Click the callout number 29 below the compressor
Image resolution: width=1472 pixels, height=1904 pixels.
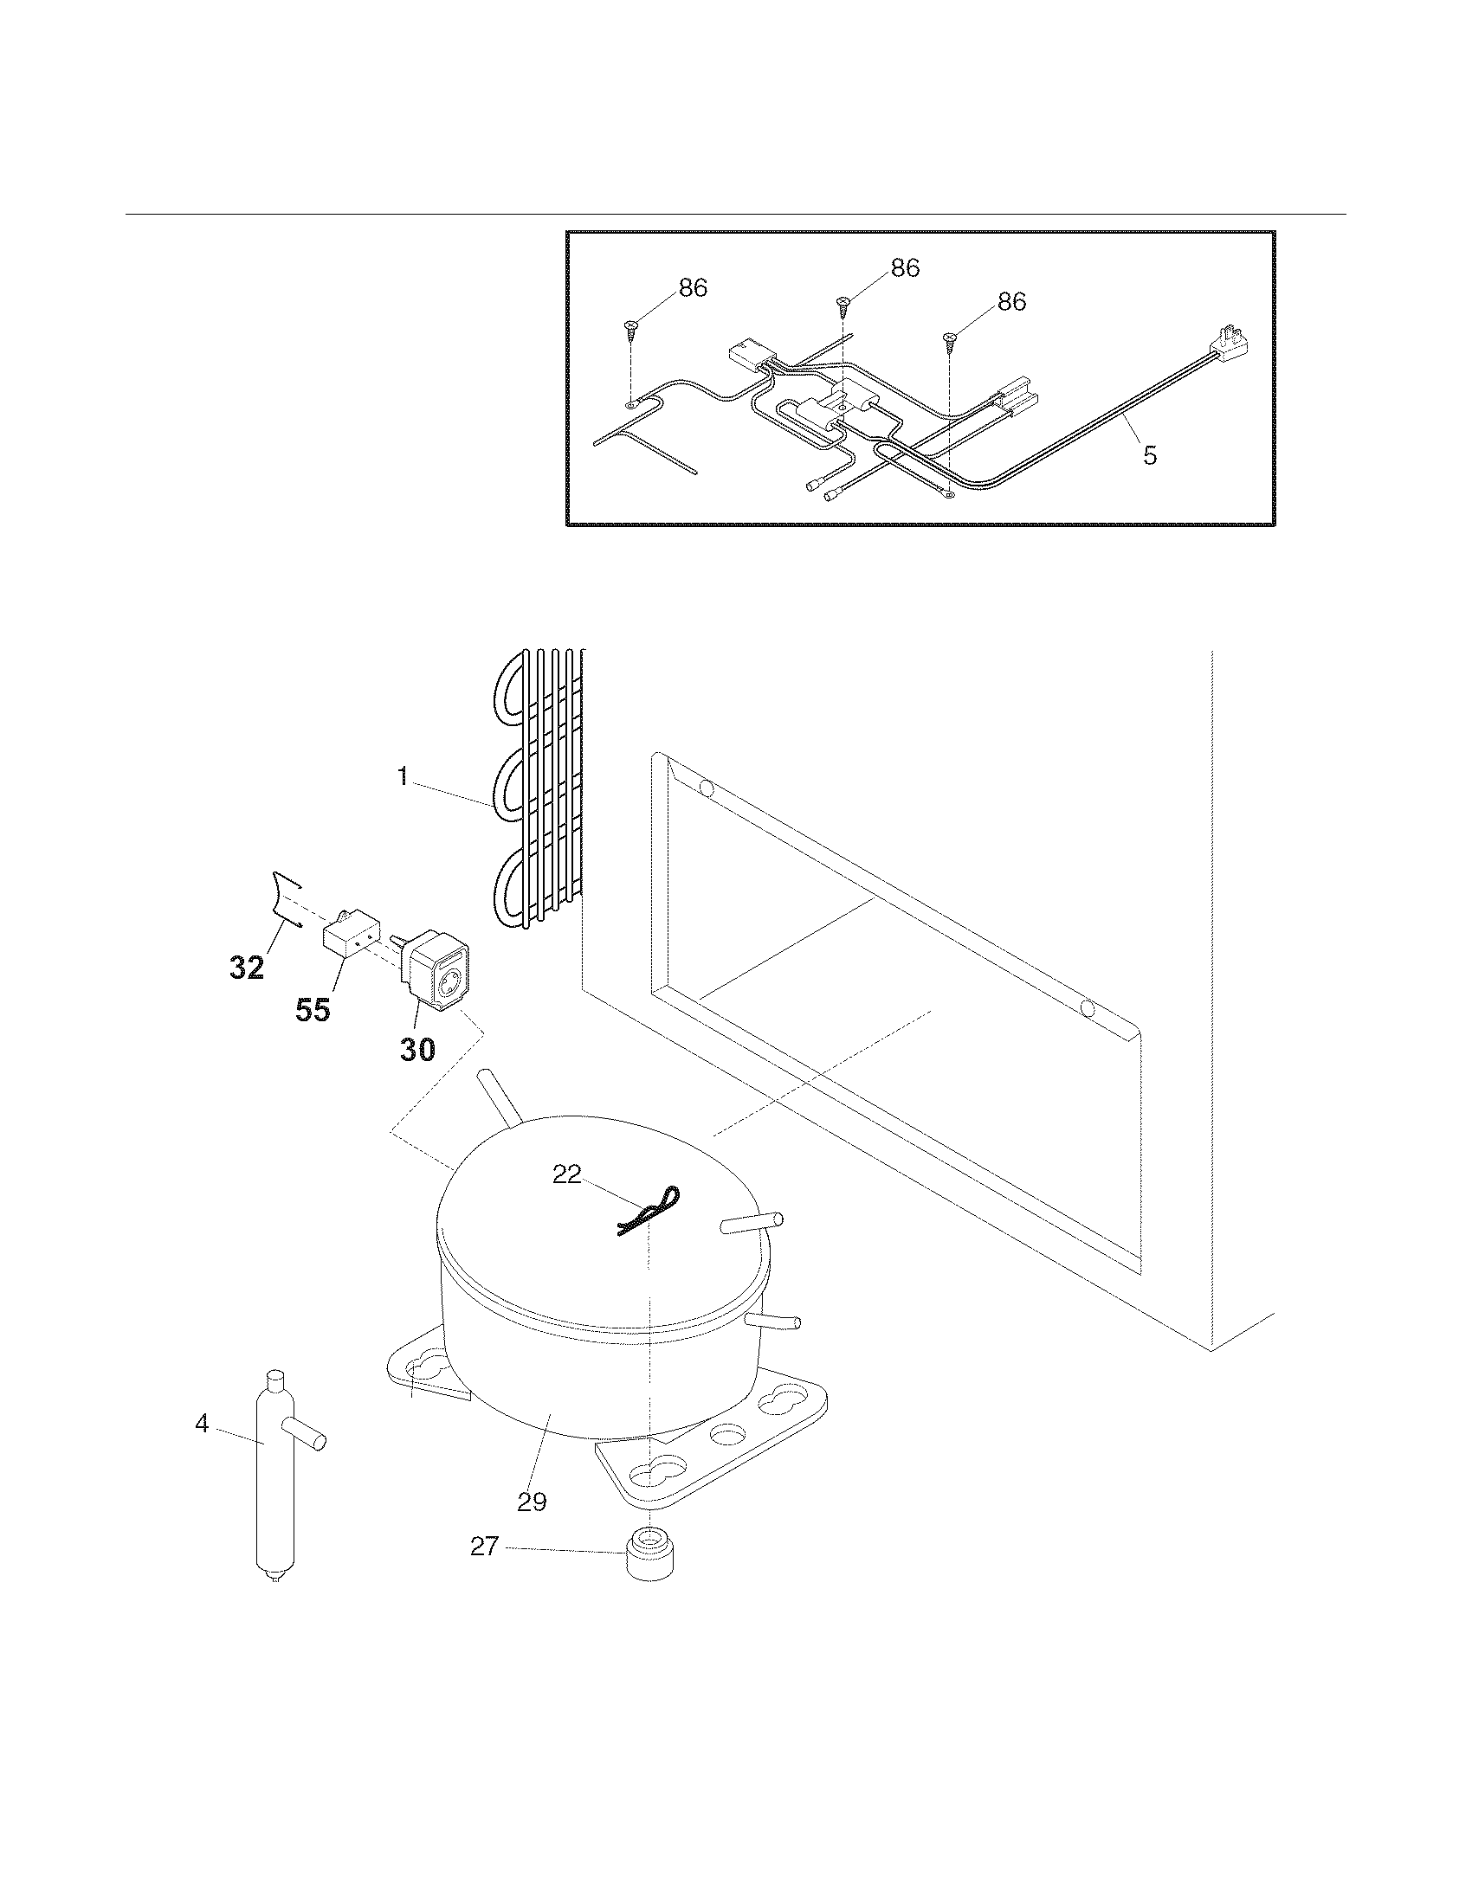(531, 1502)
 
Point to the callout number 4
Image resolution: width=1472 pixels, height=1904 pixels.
(203, 1424)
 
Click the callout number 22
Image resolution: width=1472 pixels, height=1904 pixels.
(567, 1174)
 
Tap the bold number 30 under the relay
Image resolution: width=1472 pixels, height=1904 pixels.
(417, 1050)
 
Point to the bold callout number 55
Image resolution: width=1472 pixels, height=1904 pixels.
(313, 1009)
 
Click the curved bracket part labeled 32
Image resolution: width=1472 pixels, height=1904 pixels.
(286, 898)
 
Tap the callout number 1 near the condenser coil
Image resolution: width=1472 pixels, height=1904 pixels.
(403, 777)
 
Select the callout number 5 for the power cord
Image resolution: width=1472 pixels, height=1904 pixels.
(1149, 454)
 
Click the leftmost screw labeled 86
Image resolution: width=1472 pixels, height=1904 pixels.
(631, 329)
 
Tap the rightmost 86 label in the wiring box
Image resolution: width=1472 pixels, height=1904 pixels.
(1010, 302)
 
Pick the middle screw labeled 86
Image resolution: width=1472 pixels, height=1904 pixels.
(843, 306)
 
